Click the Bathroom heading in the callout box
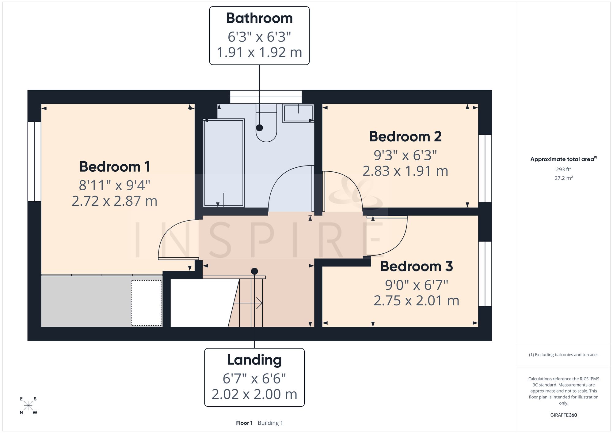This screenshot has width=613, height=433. pyautogui.click(x=259, y=18)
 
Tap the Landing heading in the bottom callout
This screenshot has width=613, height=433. pyautogui.click(x=254, y=360)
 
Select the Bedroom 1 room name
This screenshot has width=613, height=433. pyautogui.click(x=115, y=167)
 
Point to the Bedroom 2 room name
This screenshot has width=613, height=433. pyautogui.click(x=405, y=136)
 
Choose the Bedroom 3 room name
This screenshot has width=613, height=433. pyautogui.click(x=417, y=266)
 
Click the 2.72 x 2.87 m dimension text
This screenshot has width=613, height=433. pyautogui.click(x=115, y=201)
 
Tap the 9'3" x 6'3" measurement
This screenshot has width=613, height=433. pyautogui.click(x=405, y=155)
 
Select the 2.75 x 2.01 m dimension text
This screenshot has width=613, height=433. pyautogui.click(x=417, y=300)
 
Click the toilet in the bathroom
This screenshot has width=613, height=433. pyautogui.click(x=266, y=122)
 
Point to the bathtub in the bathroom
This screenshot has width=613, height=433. pyautogui.click(x=224, y=163)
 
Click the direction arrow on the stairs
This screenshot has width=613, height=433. pyautogui.click(x=248, y=303)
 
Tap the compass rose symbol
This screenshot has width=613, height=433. pyautogui.click(x=28, y=406)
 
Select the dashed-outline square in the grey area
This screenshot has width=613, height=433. pyautogui.click(x=146, y=303)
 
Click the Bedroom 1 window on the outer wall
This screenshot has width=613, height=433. pyautogui.click(x=34, y=162)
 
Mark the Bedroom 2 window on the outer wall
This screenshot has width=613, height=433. pyautogui.click(x=485, y=168)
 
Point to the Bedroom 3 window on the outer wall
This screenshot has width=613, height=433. pyautogui.click(x=485, y=274)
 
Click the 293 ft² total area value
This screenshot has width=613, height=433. pyautogui.click(x=563, y=169)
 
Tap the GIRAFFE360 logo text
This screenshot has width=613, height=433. pyautogui.click(x=563, y=415)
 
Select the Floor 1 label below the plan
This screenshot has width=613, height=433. pyautogui.click(x=244, y=423)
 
